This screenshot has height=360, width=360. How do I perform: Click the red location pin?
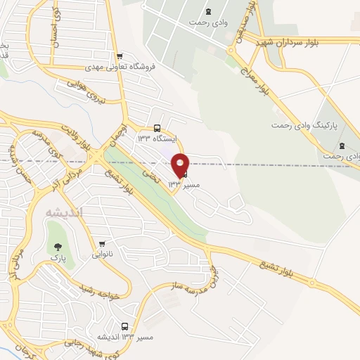coord(181,165)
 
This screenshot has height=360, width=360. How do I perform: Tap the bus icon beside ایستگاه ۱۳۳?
coord(157,128)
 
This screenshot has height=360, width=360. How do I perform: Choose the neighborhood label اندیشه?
coord(64,212)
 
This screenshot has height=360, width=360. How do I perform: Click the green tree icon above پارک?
coord(58,247)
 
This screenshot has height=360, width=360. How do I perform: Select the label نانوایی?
coord(103,255)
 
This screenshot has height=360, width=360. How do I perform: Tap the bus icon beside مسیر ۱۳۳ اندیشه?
coord(125,326)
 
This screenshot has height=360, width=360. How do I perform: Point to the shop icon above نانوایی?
coord(103,244)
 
